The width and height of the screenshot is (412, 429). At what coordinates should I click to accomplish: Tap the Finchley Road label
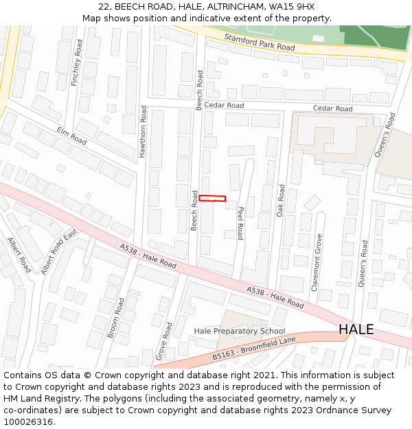point(77,62)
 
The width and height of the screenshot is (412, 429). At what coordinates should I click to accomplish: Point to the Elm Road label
point(71,136)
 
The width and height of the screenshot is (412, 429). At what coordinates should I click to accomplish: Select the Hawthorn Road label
point(144,132)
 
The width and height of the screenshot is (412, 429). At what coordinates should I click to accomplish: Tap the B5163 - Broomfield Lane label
point(254,347)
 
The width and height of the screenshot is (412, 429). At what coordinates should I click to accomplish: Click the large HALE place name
point(356,329)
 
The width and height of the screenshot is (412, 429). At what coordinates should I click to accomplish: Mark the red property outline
point(212,199)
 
